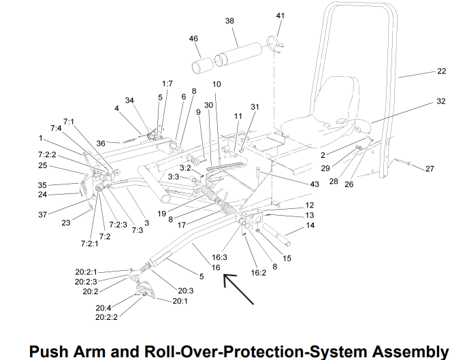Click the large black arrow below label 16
pyautogui.click(x=238, y=289)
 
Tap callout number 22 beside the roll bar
pyautogui.click(x=441, y=71)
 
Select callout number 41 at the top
pyautogui.click(x=280, y=16)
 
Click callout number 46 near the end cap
pyautogui.click(x=193, y=38)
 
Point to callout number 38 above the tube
pyautogui.click(x=229, y=21)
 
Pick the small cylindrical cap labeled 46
pyautogui.click(x=203, y=65)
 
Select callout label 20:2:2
pyautogui.click(x=106, y=317)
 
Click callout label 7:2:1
pyautogui.click(x=89, y=244)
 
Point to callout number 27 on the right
pyautogui.click(x=430, y=169)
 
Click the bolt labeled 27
pyautogui.click(x=402, y=162)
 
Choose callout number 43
pyautogui.click(x=315, y=184)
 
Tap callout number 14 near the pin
pyautogui.click(x=310, y=225)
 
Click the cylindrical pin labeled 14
pyautogui.click(x=276, y=235)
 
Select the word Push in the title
pyautogui.click(x=49, y=351)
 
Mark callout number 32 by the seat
pyautogui.click(x=441, y=101)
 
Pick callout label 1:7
pyautogui.click(x=167, y=84)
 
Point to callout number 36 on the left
pyautogui.click(x=101, y=143)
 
